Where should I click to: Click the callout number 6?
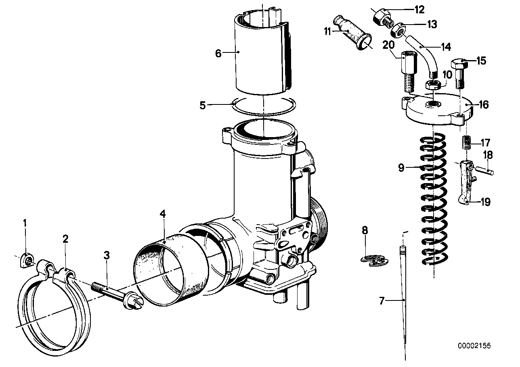218,53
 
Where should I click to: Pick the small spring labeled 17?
467,143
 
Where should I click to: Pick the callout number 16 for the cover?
483,105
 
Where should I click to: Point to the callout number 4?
163,214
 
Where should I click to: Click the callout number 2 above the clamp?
65,239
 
